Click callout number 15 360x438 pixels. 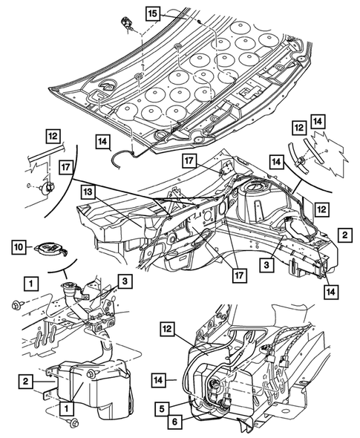(x=152, y=13)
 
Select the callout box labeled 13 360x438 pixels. (x=88, y=193)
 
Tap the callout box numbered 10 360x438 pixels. (x=19, y=247)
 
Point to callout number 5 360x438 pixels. (x=163, y=409)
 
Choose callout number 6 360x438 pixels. (x=175, y=421)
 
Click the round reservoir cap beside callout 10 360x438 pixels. (x=50, y=249)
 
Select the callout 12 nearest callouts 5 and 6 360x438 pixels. (x=167, y=330)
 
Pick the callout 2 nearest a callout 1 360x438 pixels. (x=26, y=381)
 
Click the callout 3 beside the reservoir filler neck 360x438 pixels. (x=125, y=281)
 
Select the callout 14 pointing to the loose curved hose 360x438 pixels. (x=102, y=142)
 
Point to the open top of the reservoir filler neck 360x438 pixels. (x=68, y=286)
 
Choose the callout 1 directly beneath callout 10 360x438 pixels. (x=30, y=284)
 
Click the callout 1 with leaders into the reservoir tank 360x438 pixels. (x=66, y=408)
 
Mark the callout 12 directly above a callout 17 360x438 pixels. (x=53, y=136)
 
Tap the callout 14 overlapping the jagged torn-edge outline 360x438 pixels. (x=318, y=122)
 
